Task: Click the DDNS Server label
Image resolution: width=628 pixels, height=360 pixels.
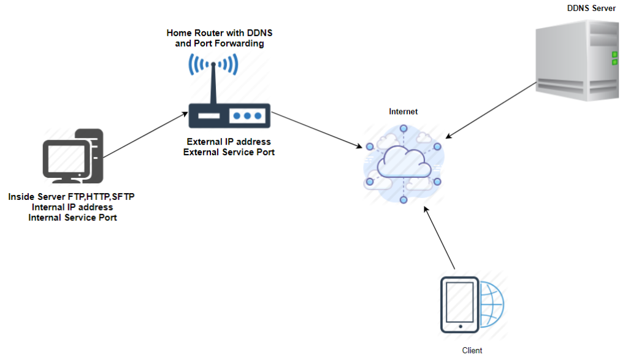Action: (x=591, y=8)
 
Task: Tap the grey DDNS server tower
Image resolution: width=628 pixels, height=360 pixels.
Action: (x=576, y=61)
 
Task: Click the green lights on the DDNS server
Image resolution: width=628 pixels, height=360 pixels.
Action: (x=614, y=58)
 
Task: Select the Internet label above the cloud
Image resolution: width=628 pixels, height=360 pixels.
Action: (x=403, y=112)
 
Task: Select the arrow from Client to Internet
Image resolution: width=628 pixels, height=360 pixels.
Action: (x=439, y=239)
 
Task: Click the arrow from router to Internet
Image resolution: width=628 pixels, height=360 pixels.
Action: (x=316, y=129)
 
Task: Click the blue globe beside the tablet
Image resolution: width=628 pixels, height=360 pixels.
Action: (x=491, y=305)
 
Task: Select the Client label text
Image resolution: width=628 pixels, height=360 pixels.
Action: (x=472, y=350)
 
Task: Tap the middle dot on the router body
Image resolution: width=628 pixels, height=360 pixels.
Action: (x=247, y=115)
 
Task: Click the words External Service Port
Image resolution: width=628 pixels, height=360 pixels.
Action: (x=229, y=151)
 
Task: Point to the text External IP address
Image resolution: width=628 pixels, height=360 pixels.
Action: (x=229, y=142)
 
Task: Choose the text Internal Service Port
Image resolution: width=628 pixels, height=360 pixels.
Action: (x=72, y=217)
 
